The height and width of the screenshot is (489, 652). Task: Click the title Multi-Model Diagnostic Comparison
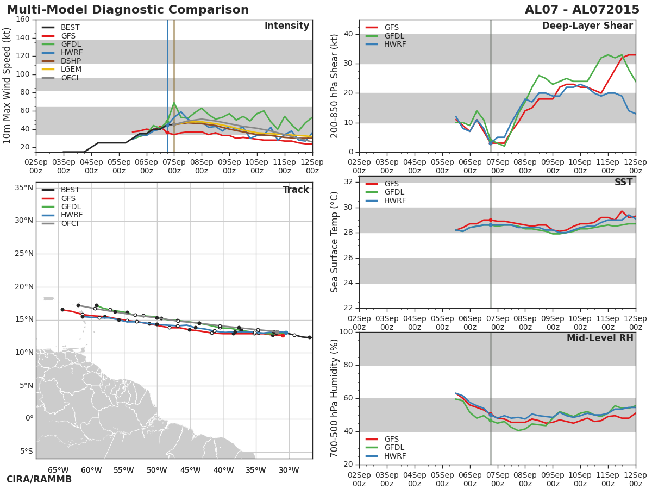128,10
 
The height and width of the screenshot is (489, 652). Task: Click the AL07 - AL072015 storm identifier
582,10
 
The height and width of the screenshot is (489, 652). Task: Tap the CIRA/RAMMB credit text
39,479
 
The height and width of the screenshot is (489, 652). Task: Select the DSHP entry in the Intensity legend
70,61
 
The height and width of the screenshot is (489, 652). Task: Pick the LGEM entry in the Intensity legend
71,69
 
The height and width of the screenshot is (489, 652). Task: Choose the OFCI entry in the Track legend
70,223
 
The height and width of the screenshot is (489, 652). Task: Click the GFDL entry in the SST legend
396,192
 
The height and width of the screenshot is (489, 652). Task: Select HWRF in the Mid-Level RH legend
395,456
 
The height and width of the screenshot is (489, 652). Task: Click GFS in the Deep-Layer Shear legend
391,27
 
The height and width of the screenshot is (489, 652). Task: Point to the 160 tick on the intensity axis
23,20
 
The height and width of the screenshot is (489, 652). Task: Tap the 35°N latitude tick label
23,187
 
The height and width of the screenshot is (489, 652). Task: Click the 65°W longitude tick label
58,471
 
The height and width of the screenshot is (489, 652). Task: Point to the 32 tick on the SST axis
348,182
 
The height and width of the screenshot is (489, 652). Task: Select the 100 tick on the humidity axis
346,332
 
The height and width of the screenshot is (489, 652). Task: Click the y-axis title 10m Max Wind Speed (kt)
7,86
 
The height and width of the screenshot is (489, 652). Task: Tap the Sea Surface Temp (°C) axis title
335,242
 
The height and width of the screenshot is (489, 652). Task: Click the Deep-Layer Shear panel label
587,26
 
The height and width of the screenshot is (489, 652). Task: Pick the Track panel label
296,190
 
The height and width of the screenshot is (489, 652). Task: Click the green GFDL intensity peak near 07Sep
174,102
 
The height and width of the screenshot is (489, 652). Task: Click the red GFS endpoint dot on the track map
283,335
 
